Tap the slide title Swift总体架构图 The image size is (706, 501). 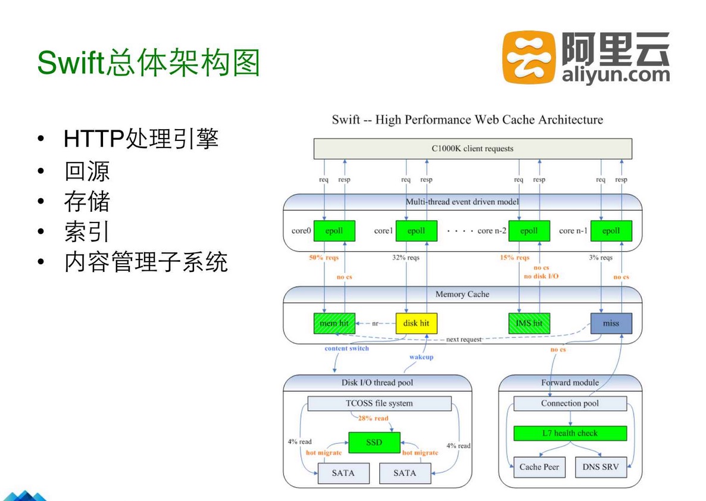click(x=149, y=62)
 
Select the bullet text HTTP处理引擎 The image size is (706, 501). click(x=141, y=139)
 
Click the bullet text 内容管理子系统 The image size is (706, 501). click(x=146, y=262)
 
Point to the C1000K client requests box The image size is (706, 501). click(x=473, y=149)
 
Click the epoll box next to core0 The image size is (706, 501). click(x=334, y=231)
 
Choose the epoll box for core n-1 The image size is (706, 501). click(x=611, y=231)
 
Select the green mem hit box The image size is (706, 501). click(x=334, y=323)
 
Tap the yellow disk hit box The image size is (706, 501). click(x=416, y=323)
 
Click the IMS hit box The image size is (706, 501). click(x=529, y=323)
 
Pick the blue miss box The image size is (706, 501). click(x=611, y=323)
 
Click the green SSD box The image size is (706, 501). click(x=374, y=443)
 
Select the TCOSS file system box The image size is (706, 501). click(x=379, y=403)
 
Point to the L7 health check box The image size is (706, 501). click(x=570, y=433)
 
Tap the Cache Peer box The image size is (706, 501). click(x=539, y=467)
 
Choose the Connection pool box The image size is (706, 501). click(x=570, y=403)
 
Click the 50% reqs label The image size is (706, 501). click(x=324, y=258)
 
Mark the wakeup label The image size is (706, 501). click(x=421, y=357)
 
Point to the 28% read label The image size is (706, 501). click(x=373, y=418)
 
